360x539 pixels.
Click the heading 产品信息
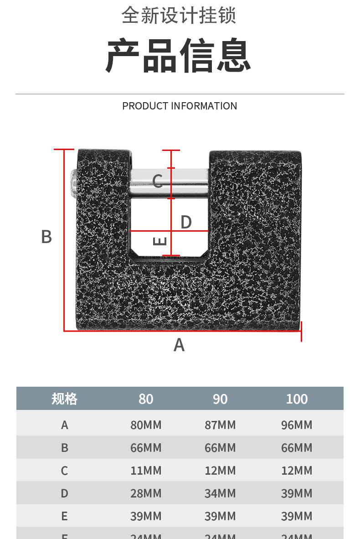179,56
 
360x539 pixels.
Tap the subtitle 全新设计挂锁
179,16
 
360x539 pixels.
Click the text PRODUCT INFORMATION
180,106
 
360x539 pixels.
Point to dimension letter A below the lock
179,345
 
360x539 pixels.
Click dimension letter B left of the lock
46,237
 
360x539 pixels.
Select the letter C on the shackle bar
158,181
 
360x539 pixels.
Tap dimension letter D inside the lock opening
186,222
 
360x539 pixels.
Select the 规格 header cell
64,399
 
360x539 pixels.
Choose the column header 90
220,399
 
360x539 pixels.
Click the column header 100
297,399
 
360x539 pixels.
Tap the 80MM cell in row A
146,425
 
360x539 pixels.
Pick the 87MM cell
220,425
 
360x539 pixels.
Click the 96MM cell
297,425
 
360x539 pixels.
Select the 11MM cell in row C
146,471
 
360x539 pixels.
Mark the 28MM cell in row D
146,493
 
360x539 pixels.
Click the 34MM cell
220,493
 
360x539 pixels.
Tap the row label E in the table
64,516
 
